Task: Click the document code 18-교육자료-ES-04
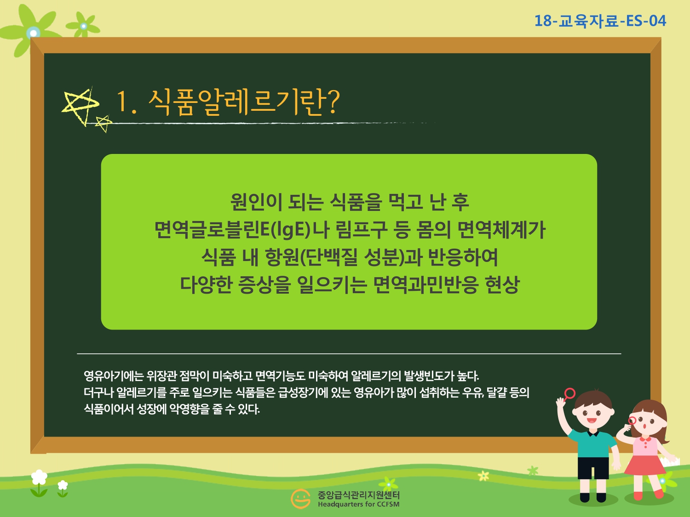pyautogui.click(x=600, y=21)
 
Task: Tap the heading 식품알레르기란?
pyautogui.click(x=244, y=102)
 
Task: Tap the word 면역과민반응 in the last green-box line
pyautogui.click(x=426, y=284)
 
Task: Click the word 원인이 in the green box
pyautogui.click(x=256, y=202)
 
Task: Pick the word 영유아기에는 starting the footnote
pyautogui.click(x=114, y=375)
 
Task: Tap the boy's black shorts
pyautogui.click(x=593, y=468)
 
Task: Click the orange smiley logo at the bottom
pyautogui.click(x=300, y=499)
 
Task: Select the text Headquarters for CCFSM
pyautogui.click(x=358, y=505)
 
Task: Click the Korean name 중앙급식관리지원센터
pyautogui.click(x=358, y=495)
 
